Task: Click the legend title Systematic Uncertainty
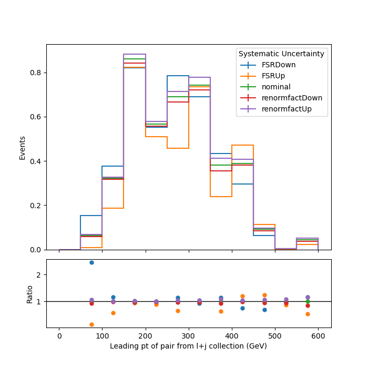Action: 281,54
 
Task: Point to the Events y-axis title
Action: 22,148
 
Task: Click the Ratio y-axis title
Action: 29,294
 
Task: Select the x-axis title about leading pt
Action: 188,346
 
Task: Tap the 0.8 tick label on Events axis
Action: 35,73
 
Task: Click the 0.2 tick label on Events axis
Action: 35,206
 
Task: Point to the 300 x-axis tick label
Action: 188,336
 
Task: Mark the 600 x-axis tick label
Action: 318,336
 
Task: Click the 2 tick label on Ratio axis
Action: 39,275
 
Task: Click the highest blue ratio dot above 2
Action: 92,263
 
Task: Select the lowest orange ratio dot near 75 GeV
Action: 92,324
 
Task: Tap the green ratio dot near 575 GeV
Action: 308,302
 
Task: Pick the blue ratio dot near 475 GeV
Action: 264,310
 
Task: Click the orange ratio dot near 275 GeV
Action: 178,311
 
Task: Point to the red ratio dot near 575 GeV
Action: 308,306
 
